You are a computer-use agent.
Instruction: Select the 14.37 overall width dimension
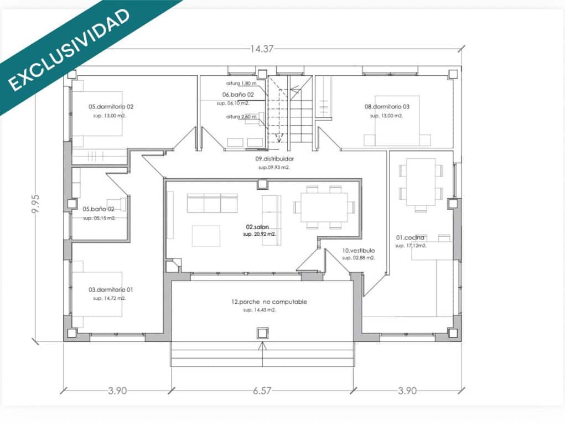(262, 49)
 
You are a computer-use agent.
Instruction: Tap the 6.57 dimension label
(262, 391)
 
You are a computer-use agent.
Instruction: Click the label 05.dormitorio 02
(111, 106)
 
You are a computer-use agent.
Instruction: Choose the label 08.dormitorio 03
(387, 106)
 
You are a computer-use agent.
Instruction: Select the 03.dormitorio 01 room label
(111, 289)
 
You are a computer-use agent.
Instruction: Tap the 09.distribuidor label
(274, 159)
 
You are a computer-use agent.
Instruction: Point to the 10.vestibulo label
(359, 250)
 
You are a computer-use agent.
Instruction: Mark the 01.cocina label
(410, 237)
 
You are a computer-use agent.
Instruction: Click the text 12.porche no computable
(269, 302)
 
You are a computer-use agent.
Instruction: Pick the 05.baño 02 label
(99, 209)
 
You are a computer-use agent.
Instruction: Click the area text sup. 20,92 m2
(259, 235)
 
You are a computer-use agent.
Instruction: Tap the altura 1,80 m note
(241, 84)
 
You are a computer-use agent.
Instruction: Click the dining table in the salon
(324, 207)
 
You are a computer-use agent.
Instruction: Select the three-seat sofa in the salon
(212, 203)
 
